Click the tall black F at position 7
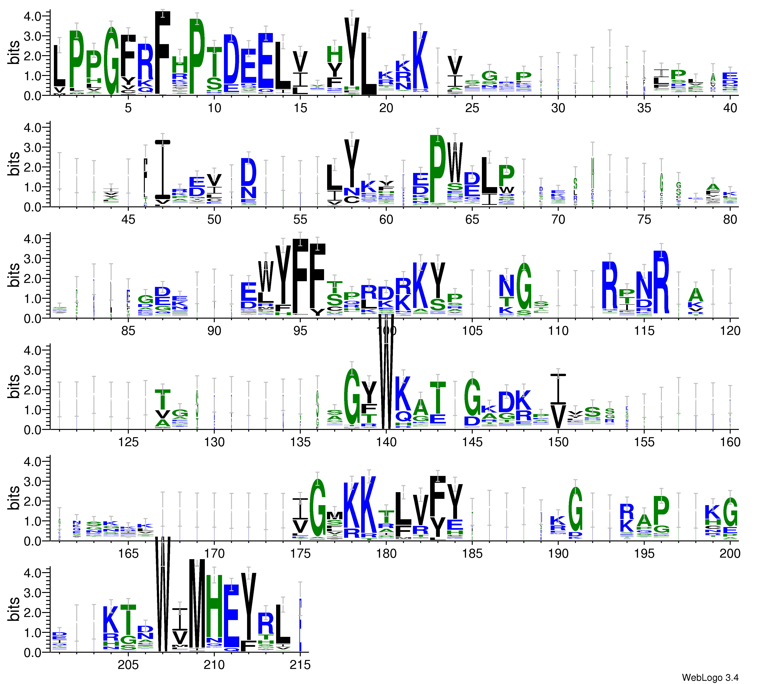pyautogui.click(x=163, y=52)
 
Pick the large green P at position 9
pyautogui.click(x=197, y=56)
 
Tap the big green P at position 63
pyautogui.click(x=437, y=169)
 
